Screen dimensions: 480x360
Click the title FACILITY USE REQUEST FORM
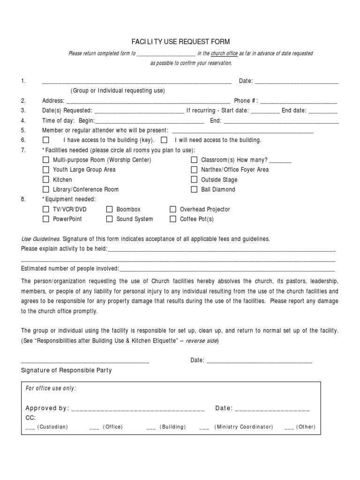point(180,42)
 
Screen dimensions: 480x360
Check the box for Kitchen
point(46,180)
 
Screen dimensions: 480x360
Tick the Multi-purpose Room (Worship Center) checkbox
point(46,160)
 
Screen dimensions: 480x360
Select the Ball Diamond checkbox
point(194,189)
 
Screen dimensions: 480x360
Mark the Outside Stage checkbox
point(194,180)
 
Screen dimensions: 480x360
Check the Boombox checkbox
point(109,210)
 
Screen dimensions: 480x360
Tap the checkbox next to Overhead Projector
point(173,210)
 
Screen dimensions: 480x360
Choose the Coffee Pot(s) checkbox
point(173,219)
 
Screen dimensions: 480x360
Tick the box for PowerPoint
point(46,219)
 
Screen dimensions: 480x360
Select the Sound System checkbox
point(109,219)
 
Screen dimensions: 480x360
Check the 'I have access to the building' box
point(46,140)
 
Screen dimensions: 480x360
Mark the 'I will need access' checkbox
point(164,140)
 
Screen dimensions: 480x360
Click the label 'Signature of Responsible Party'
point(67,370)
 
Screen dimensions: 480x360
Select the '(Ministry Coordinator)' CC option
point(243,427)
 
